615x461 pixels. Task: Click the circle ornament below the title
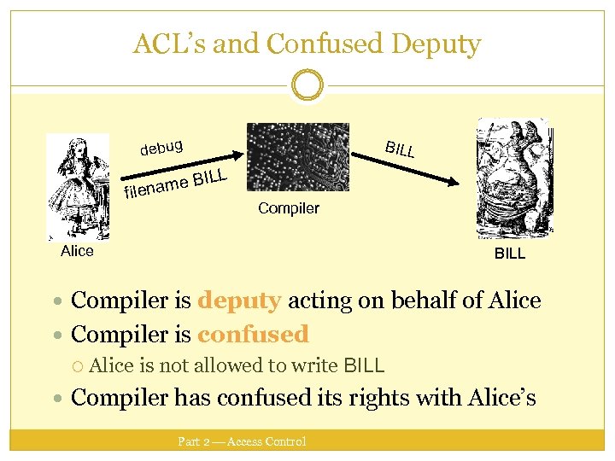[307, 85]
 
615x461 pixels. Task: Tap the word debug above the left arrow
[162, 147]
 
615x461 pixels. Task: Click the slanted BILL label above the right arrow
[399, 149]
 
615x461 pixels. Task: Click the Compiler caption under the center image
[289, 208]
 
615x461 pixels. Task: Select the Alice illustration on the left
[78, 187]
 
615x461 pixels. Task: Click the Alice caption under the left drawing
[77, 251]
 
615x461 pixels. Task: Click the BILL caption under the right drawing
[510, 254]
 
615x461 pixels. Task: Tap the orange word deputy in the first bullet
[239, 301]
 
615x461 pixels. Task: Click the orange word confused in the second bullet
[252, 334]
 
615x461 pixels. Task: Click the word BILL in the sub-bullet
[363, 366]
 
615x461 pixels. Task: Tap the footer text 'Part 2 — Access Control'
[242, 441]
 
